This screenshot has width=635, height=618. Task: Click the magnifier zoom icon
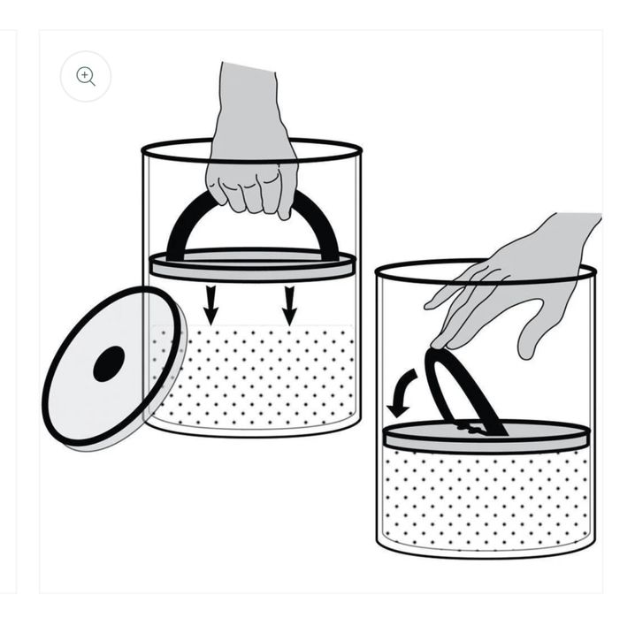point(86,77)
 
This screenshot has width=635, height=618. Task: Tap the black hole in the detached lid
point(109,363)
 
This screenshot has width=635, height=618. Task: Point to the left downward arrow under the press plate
point(210,303)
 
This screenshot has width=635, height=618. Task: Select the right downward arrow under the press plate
point(288,303)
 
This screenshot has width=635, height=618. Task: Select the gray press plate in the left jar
point(253,264)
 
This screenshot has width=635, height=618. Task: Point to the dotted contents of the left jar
point(253,376)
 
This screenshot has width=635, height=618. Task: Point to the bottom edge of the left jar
point(253,433)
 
